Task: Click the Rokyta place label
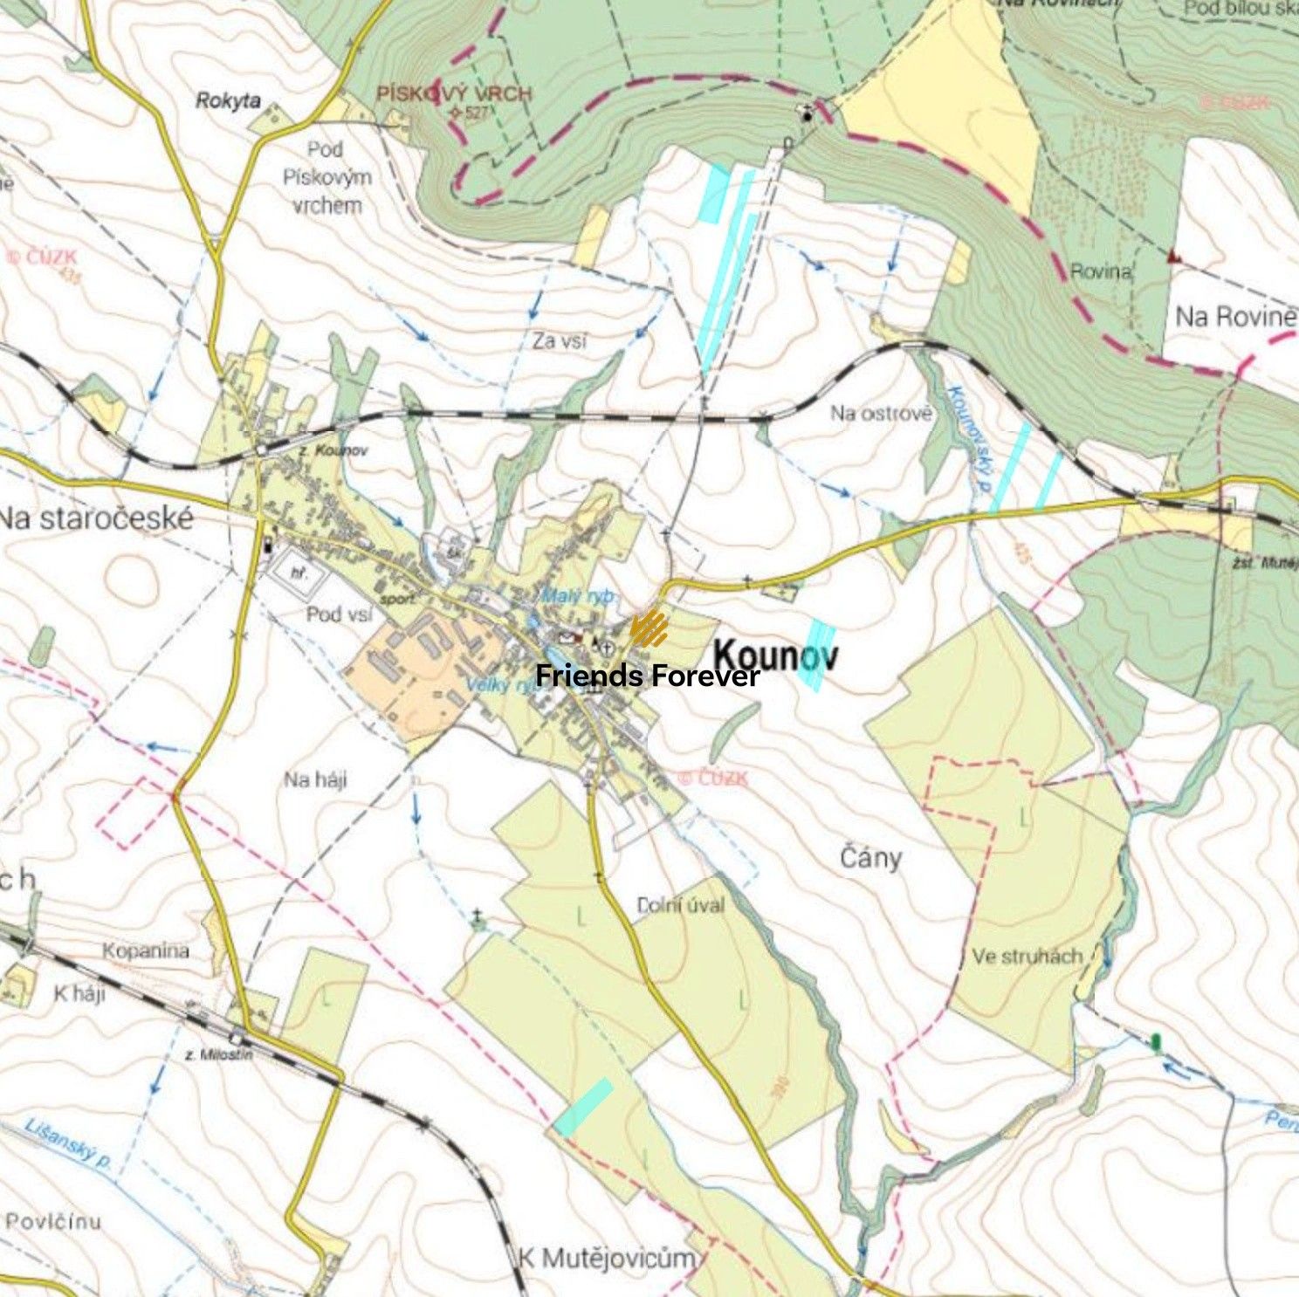[x=228, y=100]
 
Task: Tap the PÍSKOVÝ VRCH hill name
[x=453, y=94]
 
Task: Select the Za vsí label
[x=560, y=341]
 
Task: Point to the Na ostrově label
[x=881, y=414]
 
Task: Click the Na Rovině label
[x=1234, y=316]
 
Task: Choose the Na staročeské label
[x=96, y=518]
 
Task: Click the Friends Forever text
[x=647, y=676]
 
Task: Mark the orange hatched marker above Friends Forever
[x=649, y=628]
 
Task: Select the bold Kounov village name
[x=776, y=655]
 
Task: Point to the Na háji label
[x=315, y=779]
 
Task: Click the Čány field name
[x=870, y=858]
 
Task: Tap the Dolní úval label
[x=681, y=905]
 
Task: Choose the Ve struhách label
[x=1027, y=957]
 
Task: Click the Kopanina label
[x=146, y=950]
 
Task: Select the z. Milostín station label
[x=219, y=1054]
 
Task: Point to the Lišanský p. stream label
[x=67, y=1143]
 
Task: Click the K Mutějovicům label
[x=608, y=1258]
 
